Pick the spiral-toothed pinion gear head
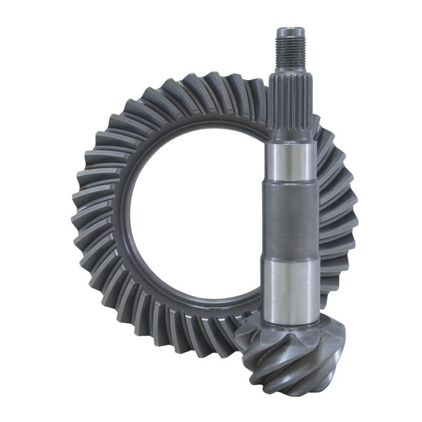click(289, 356)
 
